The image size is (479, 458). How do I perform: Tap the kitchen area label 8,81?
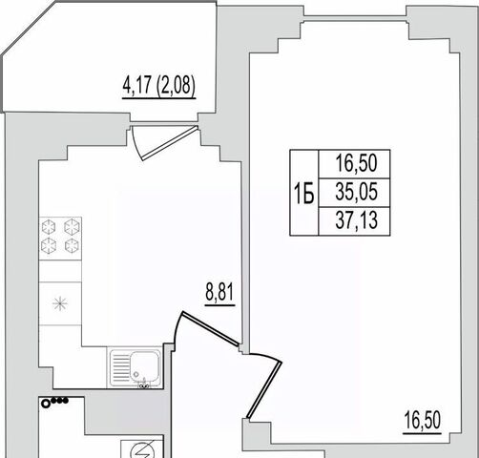[220, 292]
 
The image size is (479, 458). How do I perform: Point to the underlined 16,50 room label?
[423, 420]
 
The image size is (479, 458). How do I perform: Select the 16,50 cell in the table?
[354, 164]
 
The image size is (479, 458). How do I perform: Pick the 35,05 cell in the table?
[354, 193]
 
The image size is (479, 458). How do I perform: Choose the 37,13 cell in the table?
[354, 221]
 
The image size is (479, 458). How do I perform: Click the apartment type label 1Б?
[304, 194]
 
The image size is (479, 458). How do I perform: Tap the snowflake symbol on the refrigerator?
[60, 303]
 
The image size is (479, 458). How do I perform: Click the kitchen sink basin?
[144, 365]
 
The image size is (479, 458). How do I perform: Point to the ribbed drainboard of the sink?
[119, 367]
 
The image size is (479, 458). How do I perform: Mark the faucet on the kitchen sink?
[144, 384]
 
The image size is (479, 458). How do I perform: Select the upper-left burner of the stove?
[49, 227]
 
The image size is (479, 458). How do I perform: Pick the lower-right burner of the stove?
[72, 245]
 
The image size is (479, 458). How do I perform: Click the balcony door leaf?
[170, 143]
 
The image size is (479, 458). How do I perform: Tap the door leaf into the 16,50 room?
[264, 389]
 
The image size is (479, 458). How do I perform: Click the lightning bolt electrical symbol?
[142, 451]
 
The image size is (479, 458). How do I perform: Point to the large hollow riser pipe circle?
[46, 404]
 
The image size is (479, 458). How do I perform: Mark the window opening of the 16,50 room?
[355, 18]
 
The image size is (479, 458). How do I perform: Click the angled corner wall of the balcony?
[30, 29]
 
